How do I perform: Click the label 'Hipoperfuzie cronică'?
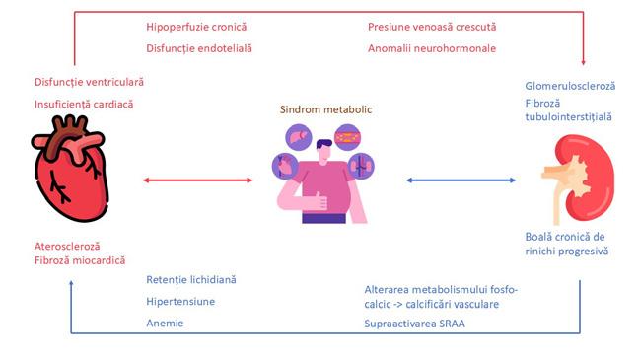pos(196,27)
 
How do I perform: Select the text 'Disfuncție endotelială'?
pos(199,48)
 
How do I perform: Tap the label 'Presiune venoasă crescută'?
pos(432,27)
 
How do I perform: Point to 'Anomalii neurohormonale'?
pos(432,48)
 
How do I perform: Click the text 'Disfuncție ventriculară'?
pos(90,82)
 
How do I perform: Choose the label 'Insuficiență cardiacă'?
pos(84,105)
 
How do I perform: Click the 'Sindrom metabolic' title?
pos(325,109)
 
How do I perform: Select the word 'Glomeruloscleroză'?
pos(570,86)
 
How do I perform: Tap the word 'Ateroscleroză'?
pos(67,247)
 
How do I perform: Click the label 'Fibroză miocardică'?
pos(80,260)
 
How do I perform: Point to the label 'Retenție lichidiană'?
pos(191,280)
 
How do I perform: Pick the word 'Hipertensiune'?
pos(180,302)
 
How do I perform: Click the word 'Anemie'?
pos(165,324)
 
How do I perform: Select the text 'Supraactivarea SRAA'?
pos(414,324)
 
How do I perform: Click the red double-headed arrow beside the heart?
pos(197,180)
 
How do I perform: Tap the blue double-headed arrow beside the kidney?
pos(461,180)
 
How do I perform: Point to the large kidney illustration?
pos(578,180)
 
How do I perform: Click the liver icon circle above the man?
pos(299,137)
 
